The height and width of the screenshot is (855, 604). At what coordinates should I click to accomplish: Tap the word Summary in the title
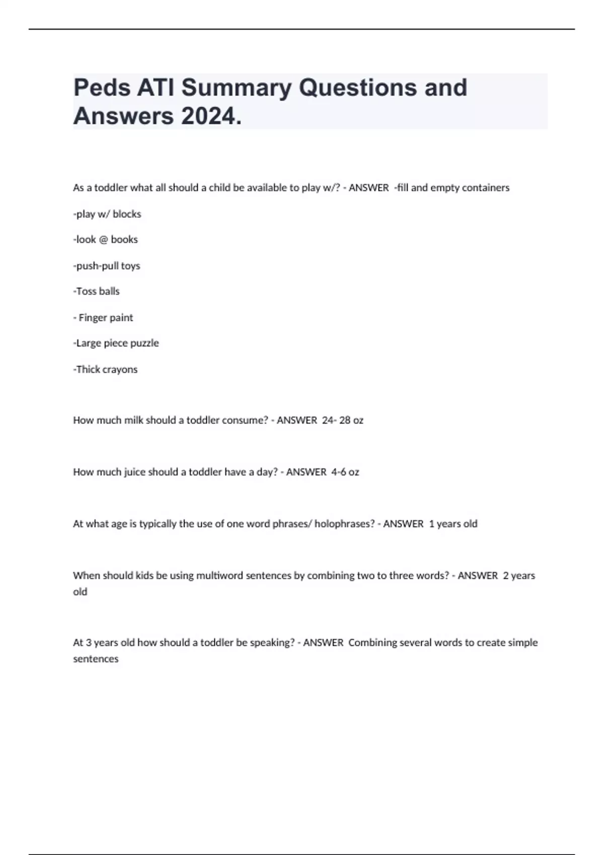tap(236, 88)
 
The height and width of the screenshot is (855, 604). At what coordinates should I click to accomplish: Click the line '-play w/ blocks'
tap(107, 214)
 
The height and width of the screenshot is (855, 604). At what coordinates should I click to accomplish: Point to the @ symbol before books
tap(103, 240)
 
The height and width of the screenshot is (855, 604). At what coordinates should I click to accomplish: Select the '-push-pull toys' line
tap(107, 266)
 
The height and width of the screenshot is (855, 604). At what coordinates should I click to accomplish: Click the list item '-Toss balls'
tap(97, 292)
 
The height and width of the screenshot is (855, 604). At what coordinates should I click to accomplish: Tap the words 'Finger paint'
tap(106, 318)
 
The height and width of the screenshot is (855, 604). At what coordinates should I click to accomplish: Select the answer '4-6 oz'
tap(345, 472)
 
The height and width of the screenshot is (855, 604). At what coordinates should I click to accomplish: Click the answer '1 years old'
tap(453, 524)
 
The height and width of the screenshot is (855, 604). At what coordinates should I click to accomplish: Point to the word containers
tap(485, 188)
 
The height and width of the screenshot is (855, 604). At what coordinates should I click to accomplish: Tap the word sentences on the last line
tap(96, 659)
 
